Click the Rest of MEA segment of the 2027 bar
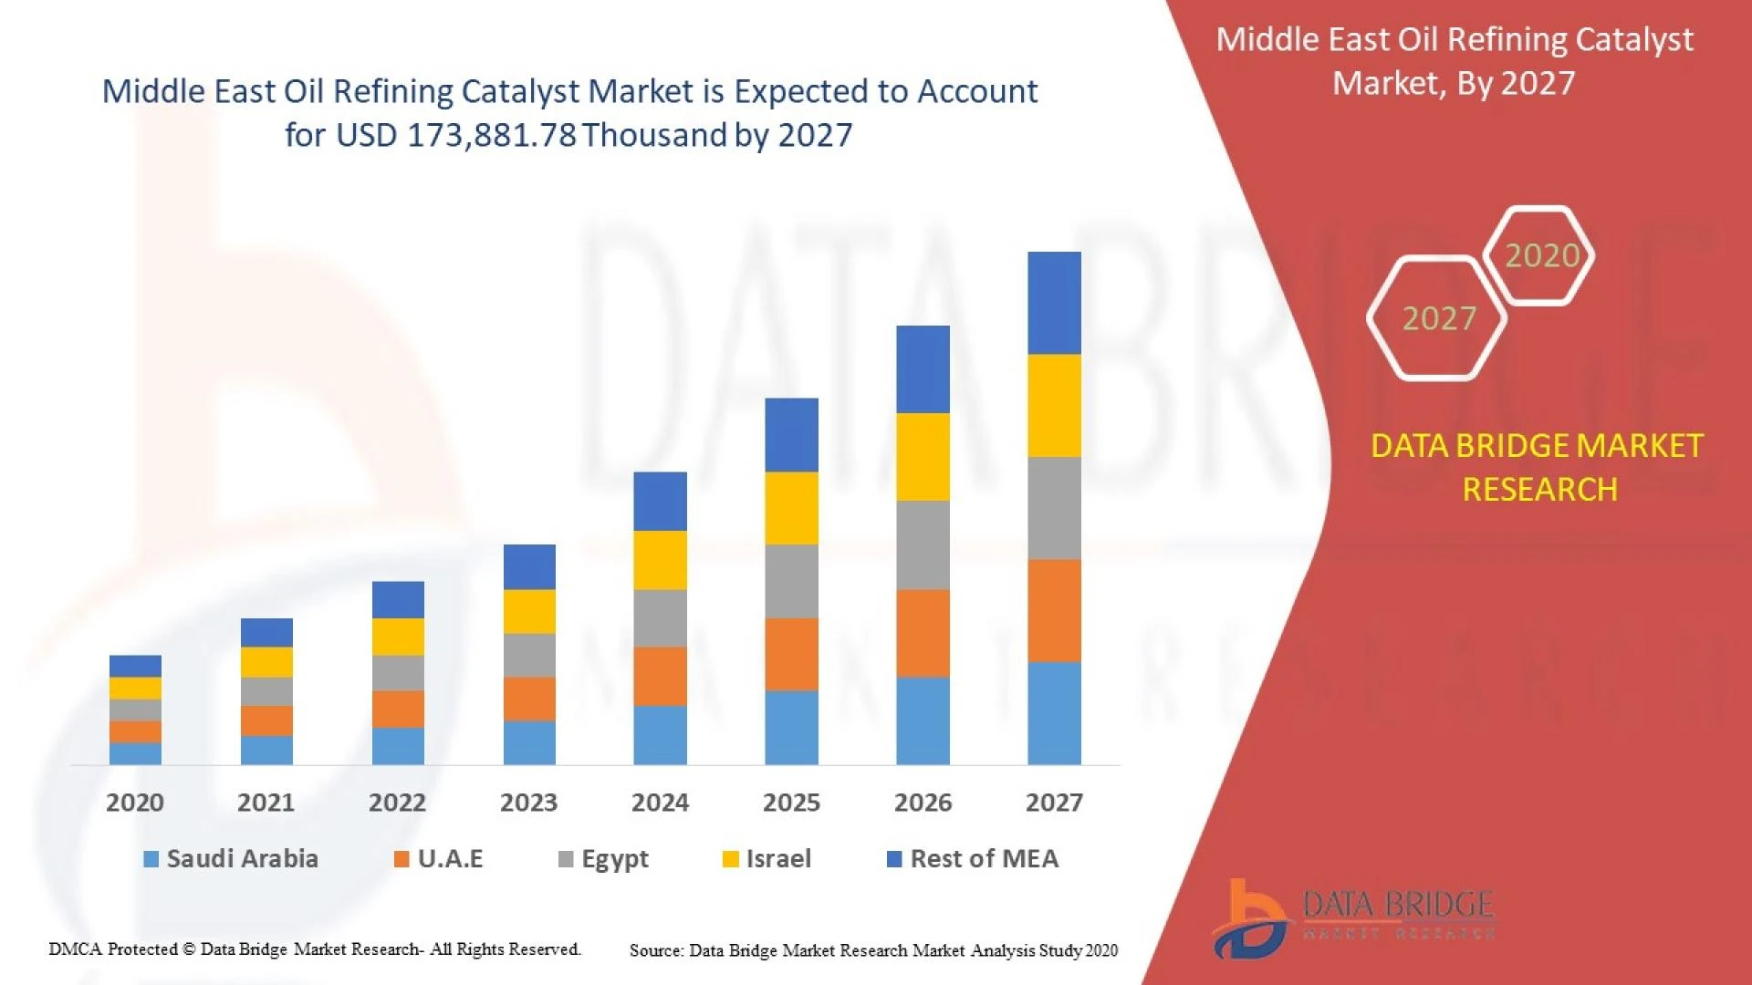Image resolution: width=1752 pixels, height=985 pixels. [1054, 303]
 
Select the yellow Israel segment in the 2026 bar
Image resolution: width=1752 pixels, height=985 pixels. [923, 456]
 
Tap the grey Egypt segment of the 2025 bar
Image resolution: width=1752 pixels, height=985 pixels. [791, 581]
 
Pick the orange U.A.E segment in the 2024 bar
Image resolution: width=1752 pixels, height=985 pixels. [660, 676]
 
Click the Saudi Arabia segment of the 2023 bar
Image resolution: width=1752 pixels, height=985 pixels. [529, 742]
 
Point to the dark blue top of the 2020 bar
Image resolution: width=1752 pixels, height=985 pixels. [135, 666]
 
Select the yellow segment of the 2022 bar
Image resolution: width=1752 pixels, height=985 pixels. [398, 637]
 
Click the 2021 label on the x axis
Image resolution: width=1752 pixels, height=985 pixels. [266, 803]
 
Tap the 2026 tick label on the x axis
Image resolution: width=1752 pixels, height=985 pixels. [923, 803]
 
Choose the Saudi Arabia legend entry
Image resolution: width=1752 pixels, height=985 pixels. [241, 858]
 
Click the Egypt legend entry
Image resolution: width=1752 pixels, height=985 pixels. [614, 858]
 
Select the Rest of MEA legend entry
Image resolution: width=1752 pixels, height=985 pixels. [984, 858]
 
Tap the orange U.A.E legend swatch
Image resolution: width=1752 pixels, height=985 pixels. [401, 859]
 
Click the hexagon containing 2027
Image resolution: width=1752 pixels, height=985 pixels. [1437, 318]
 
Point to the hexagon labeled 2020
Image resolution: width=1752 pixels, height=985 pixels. [1540, 255]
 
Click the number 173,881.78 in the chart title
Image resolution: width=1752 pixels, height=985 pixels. [492, 135]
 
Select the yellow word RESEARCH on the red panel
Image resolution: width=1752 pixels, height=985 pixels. [1539, 490]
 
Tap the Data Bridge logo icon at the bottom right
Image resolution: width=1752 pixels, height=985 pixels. [1250, 919]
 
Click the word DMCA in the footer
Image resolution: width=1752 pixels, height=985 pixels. [76, 949]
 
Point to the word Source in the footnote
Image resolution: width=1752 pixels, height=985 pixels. [655, 950]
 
